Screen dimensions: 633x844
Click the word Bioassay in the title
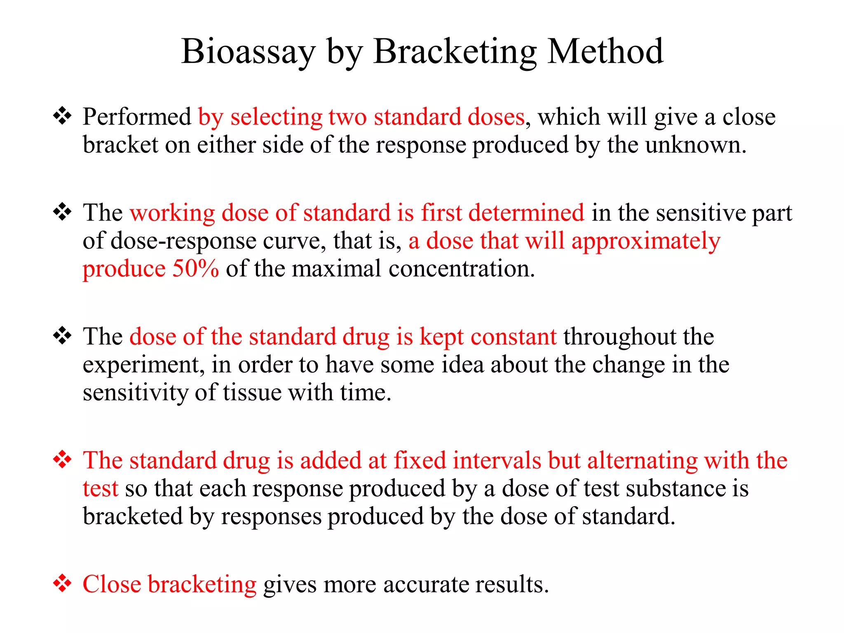[249, 52]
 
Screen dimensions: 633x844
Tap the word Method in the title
[605, 52]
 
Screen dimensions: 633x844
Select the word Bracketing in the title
[455, 52]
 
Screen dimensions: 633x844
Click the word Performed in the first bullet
[137, 117]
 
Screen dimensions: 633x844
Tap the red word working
[172, 213]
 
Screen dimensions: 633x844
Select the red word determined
[526, 213]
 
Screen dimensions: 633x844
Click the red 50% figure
[195, 269]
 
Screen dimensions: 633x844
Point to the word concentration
[462, 269]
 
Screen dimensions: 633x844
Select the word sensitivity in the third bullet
[136, 392]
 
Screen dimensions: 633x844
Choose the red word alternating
[642, 460]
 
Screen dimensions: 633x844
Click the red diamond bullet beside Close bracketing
[62, 584]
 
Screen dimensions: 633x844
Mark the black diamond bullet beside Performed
[62, 116]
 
